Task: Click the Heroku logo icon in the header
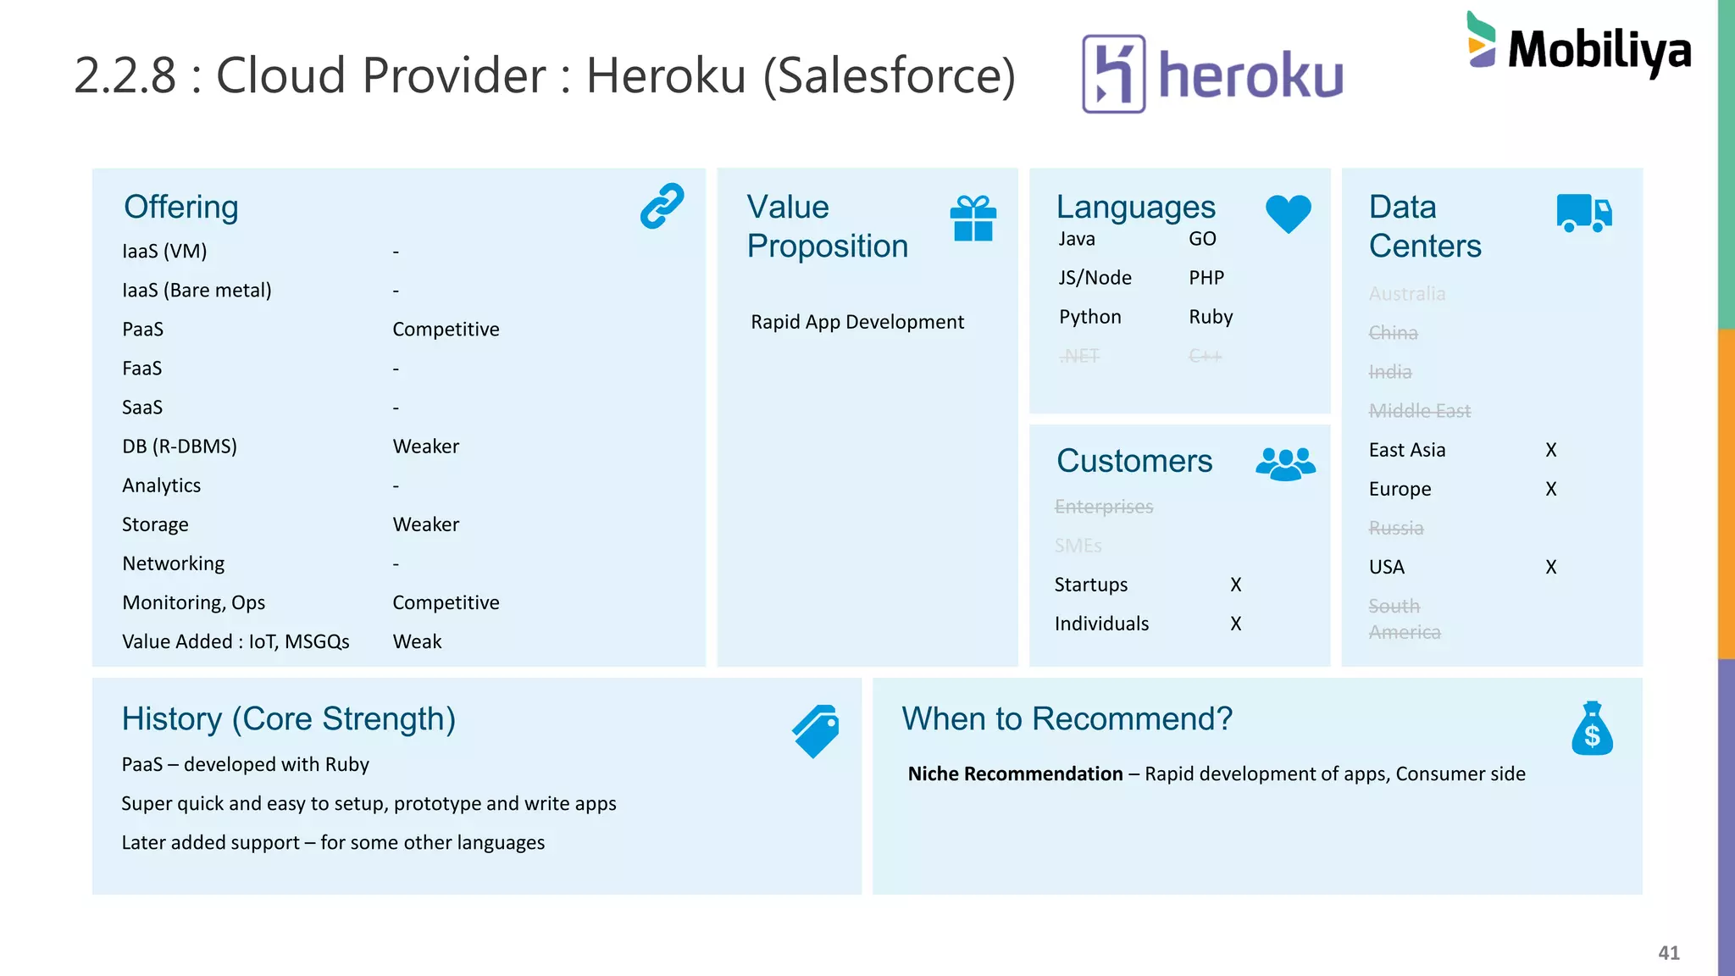pyautogui.click(x=1114, y=74)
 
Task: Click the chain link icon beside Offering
pyautogui.click(x=662, y=206)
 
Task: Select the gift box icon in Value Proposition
pyautogui.click(x=973, y=219)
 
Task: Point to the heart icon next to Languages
pyautogui.click(x=1288, y=213)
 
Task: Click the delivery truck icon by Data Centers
pyautogui.click(x=1583, y=213)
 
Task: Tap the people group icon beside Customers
pyautogui.click(x=1285, y=463)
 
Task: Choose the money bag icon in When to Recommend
pyautogui.click(x=1592, y=729)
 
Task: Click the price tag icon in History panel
pyautogui.click(x=816, y=730)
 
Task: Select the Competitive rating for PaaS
pyautogui.click(x=446, y=330)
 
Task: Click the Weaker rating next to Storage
pyautogui.click(x=425, y=524)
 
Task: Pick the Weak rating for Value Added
pyautogui.click(x=417, y=641)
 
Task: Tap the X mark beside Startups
pyautogui.click(x=1236, y=585)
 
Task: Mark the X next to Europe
pyautogui.click(x=1550, y=489)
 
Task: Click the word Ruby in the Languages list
pyautogui.click(x=1211, y=317)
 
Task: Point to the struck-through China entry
pyautogui.click(x=1393, y=333)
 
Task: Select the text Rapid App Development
pyautogui.click(x=856, y=322)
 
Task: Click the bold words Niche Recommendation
pyautogui.click(x=1015, y=774)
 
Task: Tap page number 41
pyautogui.click(x=1668, y=952)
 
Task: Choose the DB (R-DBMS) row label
pyautogui.click(x=180, y=446)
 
